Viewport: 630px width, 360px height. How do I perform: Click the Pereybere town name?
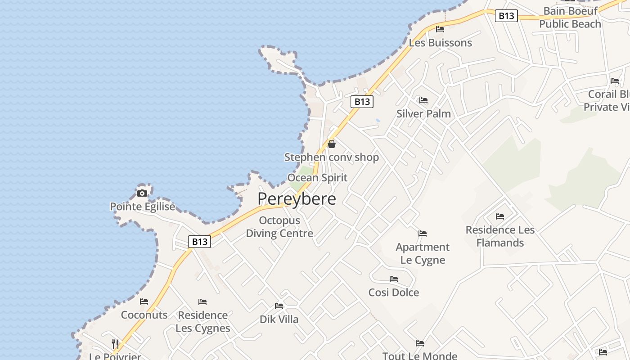(297, 198)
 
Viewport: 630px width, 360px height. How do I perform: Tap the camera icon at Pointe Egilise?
(142, 193)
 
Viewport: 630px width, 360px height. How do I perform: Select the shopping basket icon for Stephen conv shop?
(332, 144)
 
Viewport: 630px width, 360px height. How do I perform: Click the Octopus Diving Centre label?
(279, 227)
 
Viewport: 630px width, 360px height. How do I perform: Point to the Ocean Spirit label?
(317, 178)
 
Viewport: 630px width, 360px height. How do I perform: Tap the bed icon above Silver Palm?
(423, 100)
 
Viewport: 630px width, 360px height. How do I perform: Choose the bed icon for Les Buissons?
(440, 29)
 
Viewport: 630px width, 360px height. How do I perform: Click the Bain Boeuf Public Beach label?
(570, 18)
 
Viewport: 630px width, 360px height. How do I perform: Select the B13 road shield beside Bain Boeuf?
(506, 16)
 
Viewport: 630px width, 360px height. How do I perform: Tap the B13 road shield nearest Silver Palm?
(362, 102)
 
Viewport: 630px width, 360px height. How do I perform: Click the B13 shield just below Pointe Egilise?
(199, 242)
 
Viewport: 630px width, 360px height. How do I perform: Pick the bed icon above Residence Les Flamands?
(500, 216)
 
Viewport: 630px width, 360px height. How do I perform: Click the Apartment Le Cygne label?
(423, 253)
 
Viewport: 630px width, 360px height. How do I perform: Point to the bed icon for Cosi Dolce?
(394, 279)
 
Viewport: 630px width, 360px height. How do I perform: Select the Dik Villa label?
(279, 319)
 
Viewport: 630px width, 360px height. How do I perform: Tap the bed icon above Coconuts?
(144, 301)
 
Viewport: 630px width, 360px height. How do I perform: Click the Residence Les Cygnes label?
(202, 321)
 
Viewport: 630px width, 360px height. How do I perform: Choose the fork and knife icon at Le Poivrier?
(115, 344)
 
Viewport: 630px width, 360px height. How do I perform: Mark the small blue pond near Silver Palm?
(378, 121)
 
